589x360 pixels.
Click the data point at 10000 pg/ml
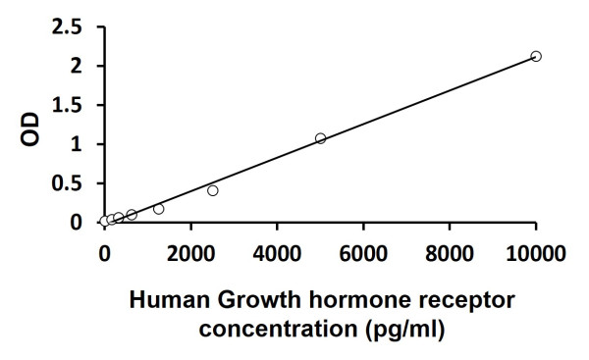(536, 56)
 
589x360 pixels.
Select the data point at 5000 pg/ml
(320, 138)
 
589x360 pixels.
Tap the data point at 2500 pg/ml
(212, 190)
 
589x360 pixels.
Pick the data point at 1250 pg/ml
(158, 209)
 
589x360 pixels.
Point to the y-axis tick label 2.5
(70, 26)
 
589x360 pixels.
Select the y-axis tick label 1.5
(70, 105)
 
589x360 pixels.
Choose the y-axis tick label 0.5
(70, 183)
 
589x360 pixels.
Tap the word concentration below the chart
(269, 329)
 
